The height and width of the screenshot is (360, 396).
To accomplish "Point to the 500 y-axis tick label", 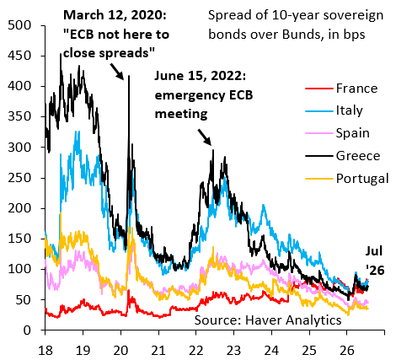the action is tap(19, 25).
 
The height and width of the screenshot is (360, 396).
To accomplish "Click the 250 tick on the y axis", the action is tap(19, 178).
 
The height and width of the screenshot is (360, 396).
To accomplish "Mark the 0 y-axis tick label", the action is tap(27, 330).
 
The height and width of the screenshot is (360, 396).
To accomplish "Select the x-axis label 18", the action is tap(45, 351).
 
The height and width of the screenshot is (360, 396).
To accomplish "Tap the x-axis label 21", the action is tap(158, 351).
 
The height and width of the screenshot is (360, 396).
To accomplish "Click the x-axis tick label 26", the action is tap(347, 351).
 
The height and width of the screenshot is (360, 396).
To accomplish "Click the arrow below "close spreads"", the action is tap(116, 72).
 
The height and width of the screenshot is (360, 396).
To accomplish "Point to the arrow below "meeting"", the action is tap(205, 137).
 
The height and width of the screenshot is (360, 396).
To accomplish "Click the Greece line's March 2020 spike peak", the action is tap(129, 75).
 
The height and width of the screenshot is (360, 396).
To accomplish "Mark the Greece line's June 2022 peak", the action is tap(213, 150).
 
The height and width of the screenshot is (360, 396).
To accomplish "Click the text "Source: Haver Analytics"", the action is tap(268, 320).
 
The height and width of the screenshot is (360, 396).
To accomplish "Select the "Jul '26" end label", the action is tap(375, 261).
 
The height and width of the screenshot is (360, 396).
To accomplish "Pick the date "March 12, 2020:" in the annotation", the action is tap(115, 15).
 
